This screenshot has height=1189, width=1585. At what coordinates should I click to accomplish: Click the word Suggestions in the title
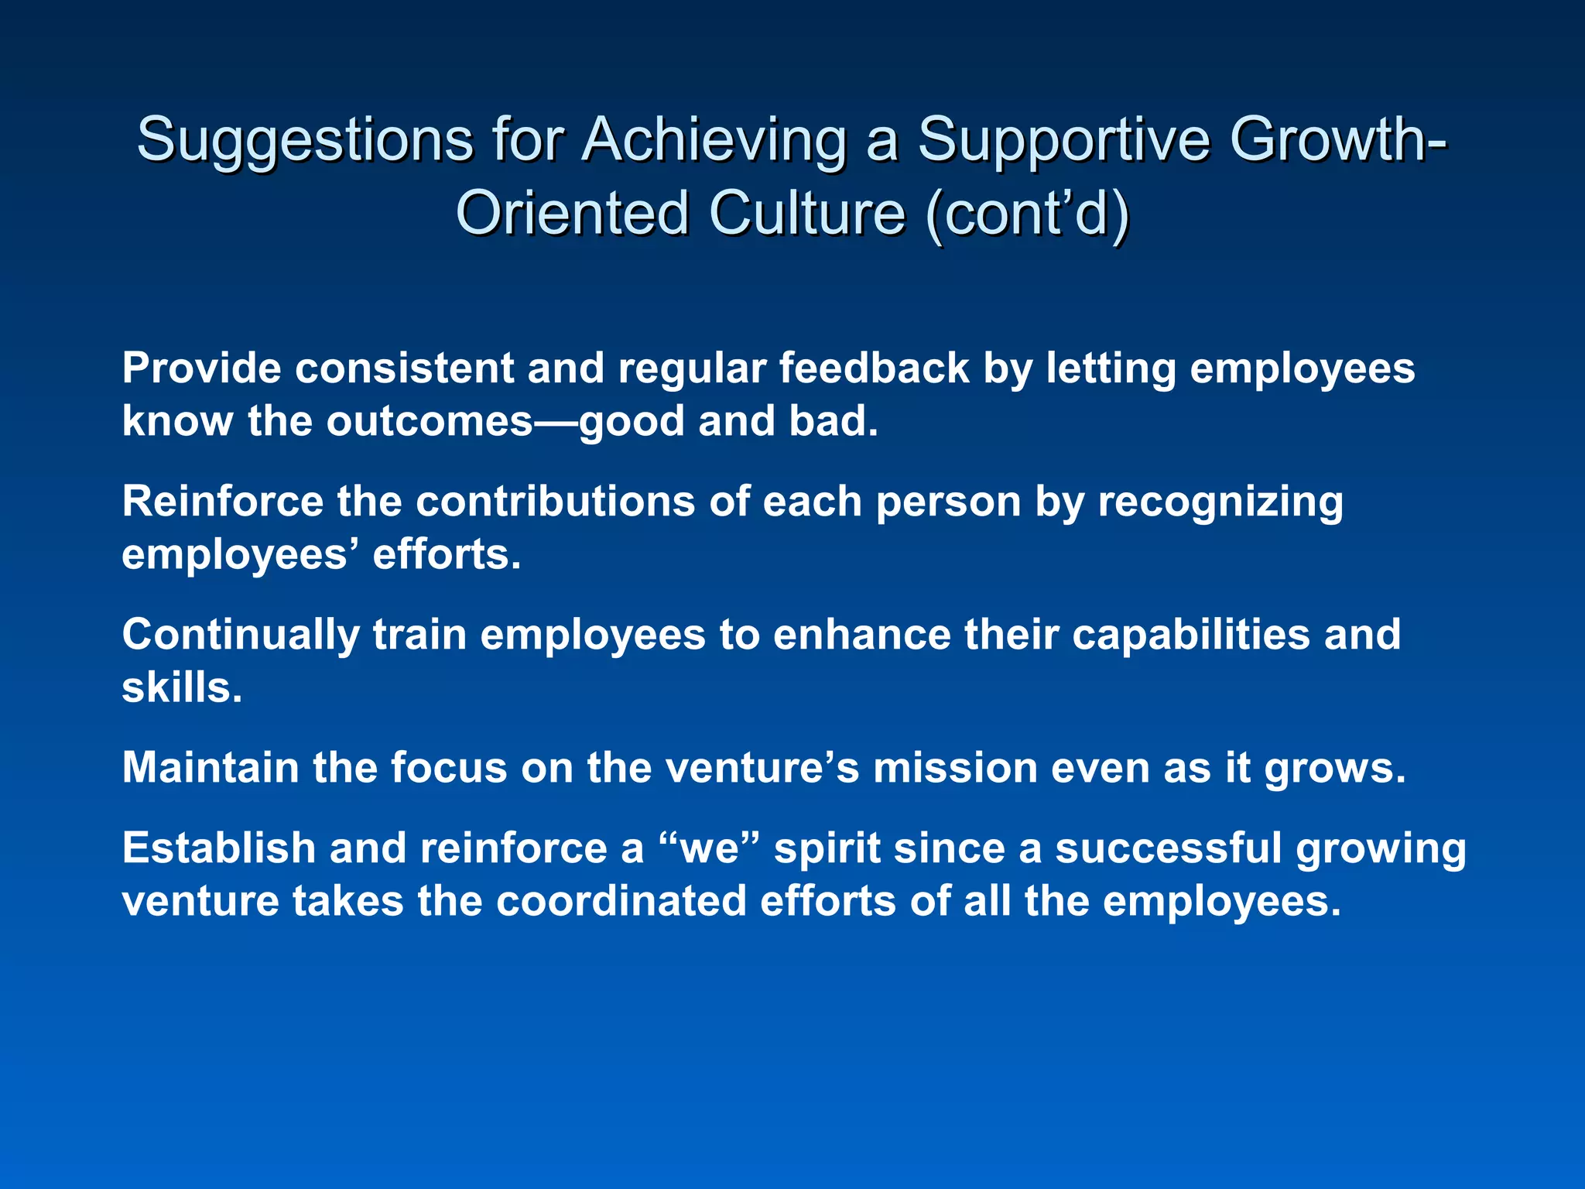click(x=304, y=142)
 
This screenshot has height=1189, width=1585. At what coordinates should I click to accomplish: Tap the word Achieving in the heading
click(x=714, y=142)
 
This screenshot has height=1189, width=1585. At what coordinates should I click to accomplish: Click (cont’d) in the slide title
click(x=1027, y=214)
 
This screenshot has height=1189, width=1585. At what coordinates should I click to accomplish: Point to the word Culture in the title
click(x=806, y=214)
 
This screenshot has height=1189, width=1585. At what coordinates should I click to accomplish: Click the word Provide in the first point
click(x=201, y=368)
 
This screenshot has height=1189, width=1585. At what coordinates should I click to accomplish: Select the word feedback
click(x=874, y=368)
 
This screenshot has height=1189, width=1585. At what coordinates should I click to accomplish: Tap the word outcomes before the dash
click(x=430, y=422)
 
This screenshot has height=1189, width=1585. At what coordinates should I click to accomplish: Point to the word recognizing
click(x=1220, y=502)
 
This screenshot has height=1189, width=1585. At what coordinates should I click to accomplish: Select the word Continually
click(x=240, y=636)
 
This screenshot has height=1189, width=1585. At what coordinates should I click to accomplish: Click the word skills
click(x=182, y=688)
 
